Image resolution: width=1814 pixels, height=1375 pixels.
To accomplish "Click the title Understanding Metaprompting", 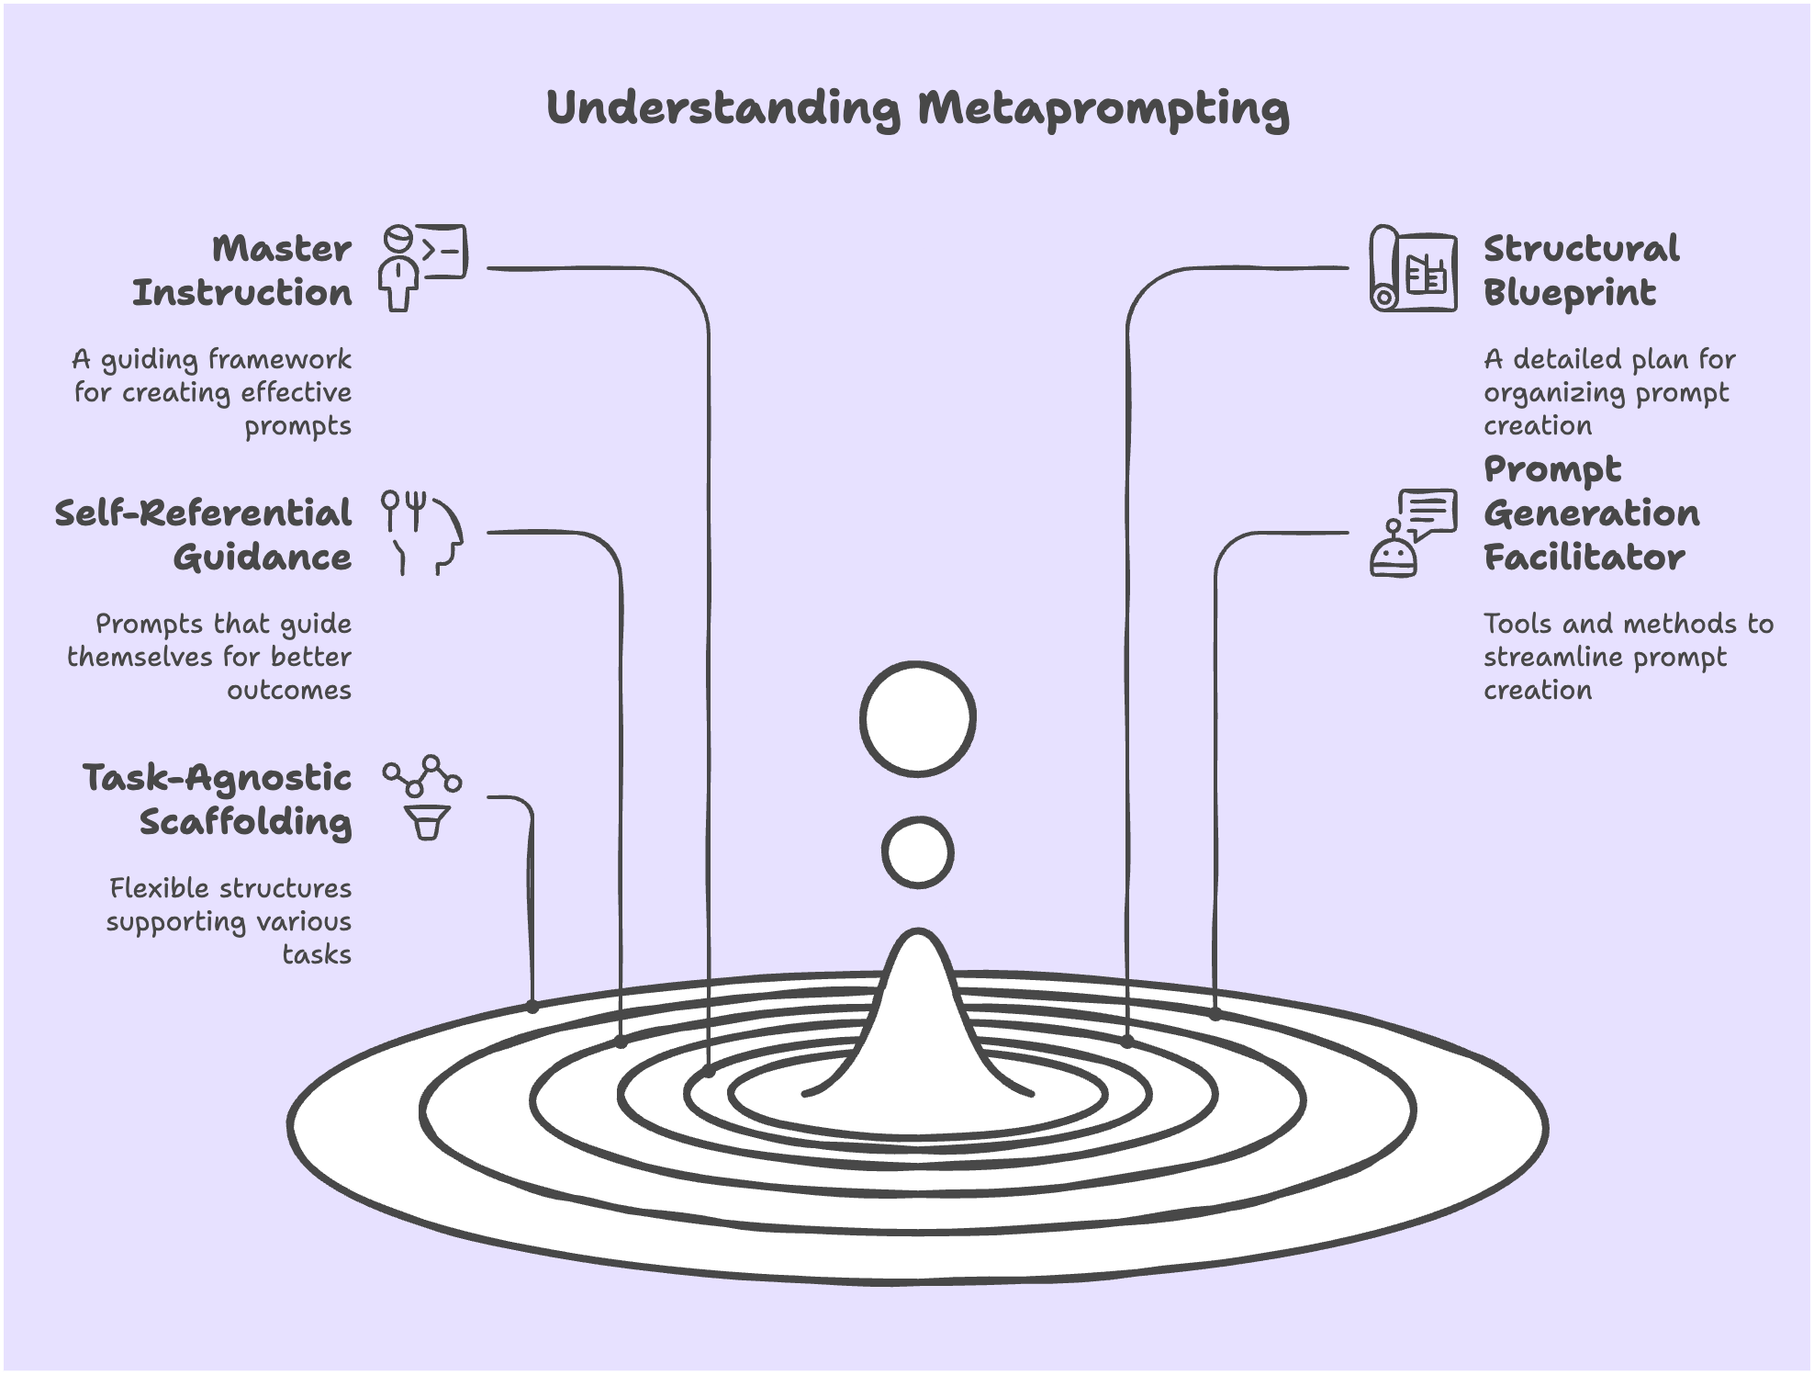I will coord(917,107).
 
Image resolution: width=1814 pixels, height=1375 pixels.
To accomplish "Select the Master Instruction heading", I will coord(242,270).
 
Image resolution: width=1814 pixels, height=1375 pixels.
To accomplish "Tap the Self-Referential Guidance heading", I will coord(204,535).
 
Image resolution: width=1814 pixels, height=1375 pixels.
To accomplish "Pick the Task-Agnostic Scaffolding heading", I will coord(218,799).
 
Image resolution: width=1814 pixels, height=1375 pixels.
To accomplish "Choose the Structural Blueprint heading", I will coord(1581,270).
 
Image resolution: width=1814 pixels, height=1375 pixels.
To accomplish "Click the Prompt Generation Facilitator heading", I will coord(1591,513).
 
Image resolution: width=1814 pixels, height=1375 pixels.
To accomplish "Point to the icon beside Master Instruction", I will coord(423,266).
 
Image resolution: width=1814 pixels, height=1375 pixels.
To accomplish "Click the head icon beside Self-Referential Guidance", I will coord(423,533).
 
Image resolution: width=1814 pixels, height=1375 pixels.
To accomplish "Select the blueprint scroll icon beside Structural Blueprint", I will coord(1413,268).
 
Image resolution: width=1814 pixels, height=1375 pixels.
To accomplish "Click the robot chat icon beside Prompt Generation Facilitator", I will coord(1413,533).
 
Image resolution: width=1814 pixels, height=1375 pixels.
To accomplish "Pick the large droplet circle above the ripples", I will coord(917,718).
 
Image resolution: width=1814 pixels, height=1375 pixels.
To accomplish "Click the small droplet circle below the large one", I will coord(917,852).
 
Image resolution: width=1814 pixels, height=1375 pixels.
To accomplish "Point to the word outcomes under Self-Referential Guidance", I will coord(289,691).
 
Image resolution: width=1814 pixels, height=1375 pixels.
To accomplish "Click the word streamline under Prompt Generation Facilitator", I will coord(1554,658).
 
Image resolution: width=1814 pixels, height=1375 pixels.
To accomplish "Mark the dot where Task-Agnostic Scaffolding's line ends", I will coord(532,1007).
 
